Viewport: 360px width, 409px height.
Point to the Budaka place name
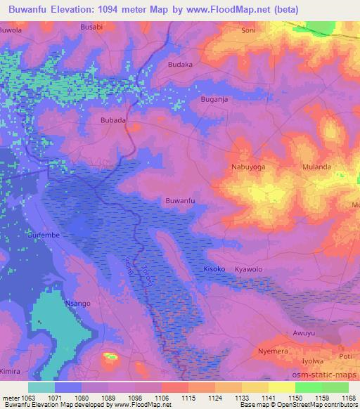(x=181, y=64)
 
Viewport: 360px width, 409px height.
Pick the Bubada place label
(x=113, y=120)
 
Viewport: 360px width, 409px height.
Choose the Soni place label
(x=248, y=31)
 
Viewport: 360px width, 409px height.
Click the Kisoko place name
(x=214, y=269)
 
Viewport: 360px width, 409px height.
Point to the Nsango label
(x=78, y=303)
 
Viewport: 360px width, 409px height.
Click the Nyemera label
(x=273, y=349)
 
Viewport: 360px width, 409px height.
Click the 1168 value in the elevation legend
(x=349, y=398)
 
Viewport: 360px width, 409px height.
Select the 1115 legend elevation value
(x=188, y=398)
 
